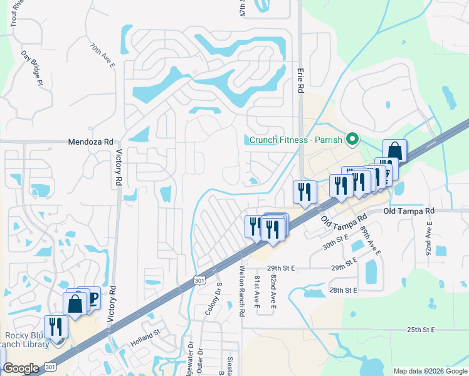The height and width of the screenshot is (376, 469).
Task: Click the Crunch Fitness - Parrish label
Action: (x=298, y=140)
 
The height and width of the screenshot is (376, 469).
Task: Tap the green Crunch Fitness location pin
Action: (x=352, y=139)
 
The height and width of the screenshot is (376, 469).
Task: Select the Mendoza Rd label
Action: (x=90, y=142)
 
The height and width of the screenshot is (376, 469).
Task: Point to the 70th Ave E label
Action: (x=102, y=55)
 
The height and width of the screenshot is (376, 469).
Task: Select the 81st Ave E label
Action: (x=257, y=291)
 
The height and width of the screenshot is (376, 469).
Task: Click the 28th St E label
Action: (x=343, y=290)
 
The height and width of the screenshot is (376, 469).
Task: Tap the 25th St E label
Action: (x=421, y=329)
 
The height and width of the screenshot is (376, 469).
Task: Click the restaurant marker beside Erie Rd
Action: (x=304, y=192)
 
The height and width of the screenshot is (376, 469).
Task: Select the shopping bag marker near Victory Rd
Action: (x=75, y=304)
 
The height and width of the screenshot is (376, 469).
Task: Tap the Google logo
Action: (x=21, y=368)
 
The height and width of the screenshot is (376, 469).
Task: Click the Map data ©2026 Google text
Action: (x=429, y=371)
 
